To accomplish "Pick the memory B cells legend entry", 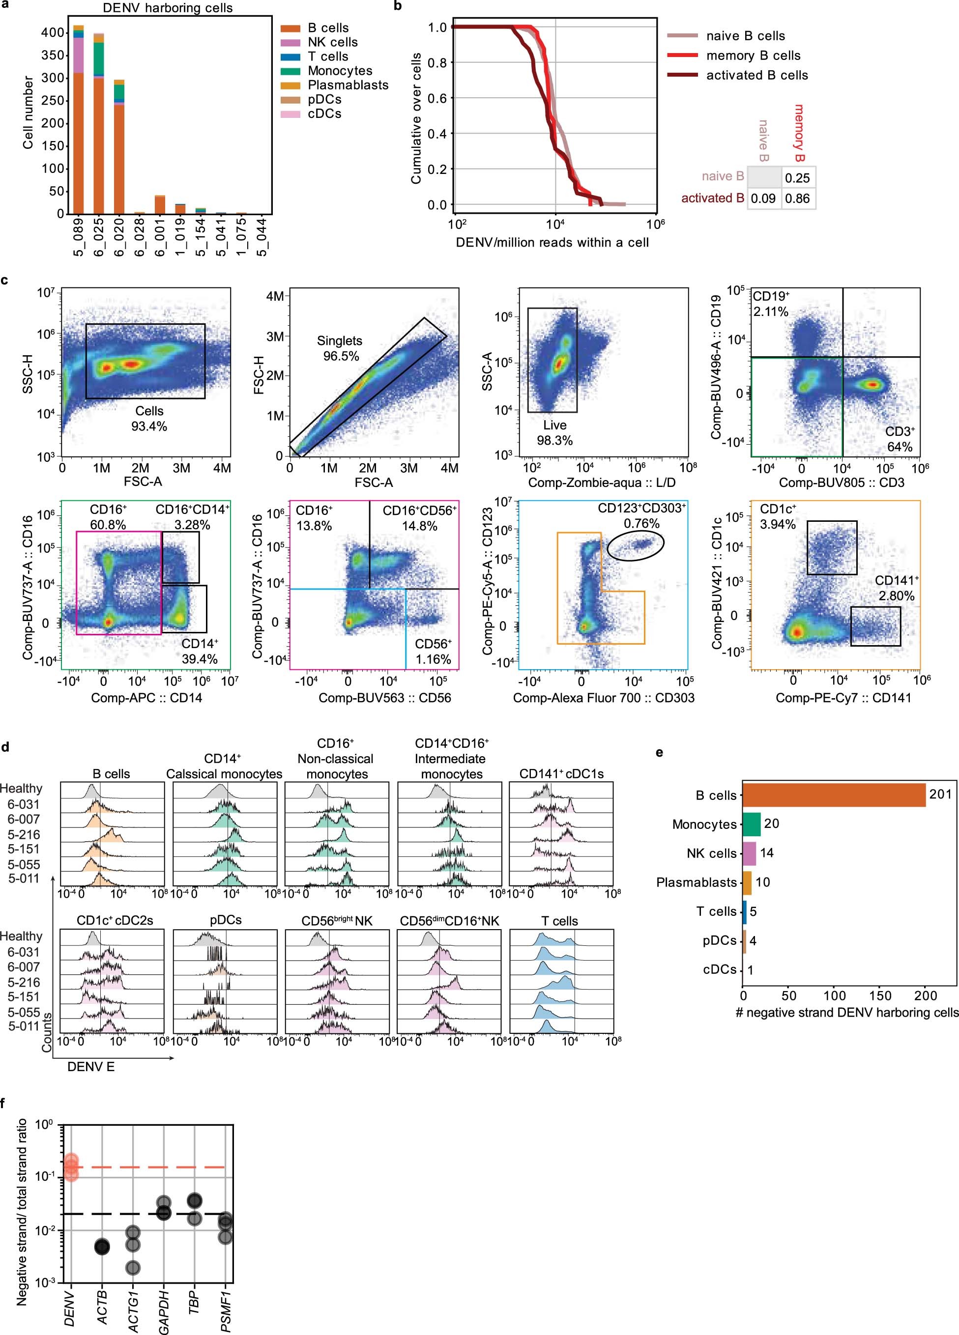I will coord(753,56).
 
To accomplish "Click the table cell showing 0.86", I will coord(798,199).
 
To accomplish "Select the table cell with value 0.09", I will coord(763,199).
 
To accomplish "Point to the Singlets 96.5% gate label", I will coord(340,348).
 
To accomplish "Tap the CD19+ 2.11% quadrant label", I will coord(771,304).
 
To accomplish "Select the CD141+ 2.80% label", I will coord(897,588).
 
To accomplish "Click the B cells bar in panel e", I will coord(834,795).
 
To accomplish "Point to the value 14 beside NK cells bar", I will coord(766,853).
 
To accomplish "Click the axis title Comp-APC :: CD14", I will coord(146,698).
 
